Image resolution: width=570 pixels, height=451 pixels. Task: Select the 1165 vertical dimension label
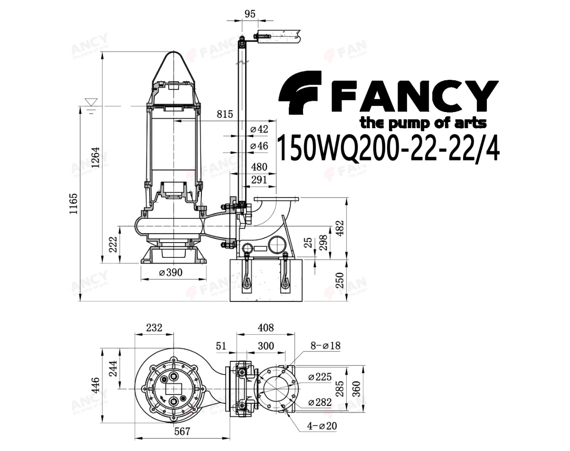coord(73,204)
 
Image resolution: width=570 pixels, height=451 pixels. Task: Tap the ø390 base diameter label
coord(171,272)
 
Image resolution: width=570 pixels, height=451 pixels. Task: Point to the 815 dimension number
coord(225,114)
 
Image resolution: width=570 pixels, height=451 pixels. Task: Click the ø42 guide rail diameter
coord(259,129)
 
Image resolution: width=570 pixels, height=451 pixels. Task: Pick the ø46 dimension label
coord(259,146)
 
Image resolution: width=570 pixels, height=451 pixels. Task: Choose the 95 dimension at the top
coord(250,14)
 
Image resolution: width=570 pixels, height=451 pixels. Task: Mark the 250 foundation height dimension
coord(339,280)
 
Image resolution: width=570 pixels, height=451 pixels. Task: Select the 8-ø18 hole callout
coord(325,346)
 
